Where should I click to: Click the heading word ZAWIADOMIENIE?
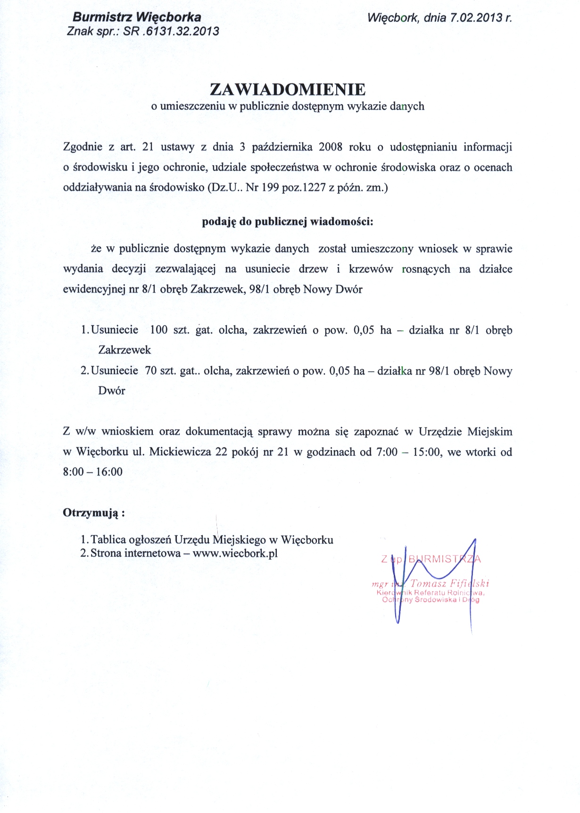[288, 89]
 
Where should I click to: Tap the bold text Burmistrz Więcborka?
[137, 17]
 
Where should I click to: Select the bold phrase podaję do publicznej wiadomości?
[287, 221]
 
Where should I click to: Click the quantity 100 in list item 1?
[159, 330]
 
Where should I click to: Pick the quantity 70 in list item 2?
[151, 371]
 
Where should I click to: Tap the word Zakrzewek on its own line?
[124, 350]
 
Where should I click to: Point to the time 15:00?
[427, 452]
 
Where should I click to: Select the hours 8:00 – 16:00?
[92, 472]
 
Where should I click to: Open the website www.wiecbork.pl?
[235, 553]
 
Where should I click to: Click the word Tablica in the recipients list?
[108, 540]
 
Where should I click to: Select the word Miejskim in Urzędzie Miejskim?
[489, 432]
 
